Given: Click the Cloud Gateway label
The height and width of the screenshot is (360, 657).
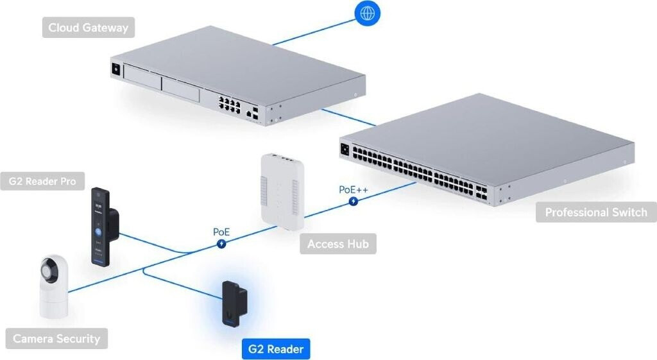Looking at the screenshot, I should tap(88, 28).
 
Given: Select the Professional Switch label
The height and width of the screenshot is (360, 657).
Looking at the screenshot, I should tap(596, 212).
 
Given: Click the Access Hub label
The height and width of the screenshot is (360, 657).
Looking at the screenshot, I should tap(337, 244).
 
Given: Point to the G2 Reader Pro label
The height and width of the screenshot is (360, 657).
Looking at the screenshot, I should tap(42, 182).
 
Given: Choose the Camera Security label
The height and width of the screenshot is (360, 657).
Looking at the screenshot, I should tap(56, 339).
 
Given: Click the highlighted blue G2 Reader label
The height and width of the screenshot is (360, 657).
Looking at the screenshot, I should tap(275, 349).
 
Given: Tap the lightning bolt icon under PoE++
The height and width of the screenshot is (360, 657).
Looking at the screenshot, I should tap(354, 201).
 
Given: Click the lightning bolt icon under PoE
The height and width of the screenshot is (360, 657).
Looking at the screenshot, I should tap(221, 243).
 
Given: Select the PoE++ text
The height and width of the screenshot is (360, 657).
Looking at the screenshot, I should tap(353, 190).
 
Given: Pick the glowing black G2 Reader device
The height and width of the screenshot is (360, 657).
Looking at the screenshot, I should tap(234, 303).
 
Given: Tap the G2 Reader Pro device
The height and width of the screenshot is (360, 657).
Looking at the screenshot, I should tap(101, 227).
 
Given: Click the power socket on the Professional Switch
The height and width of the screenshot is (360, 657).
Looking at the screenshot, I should tap(345, 150).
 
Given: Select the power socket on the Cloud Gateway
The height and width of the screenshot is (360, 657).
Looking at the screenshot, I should tap(116, 68).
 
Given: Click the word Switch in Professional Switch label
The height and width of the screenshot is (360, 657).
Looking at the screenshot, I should tap(627, 212).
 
